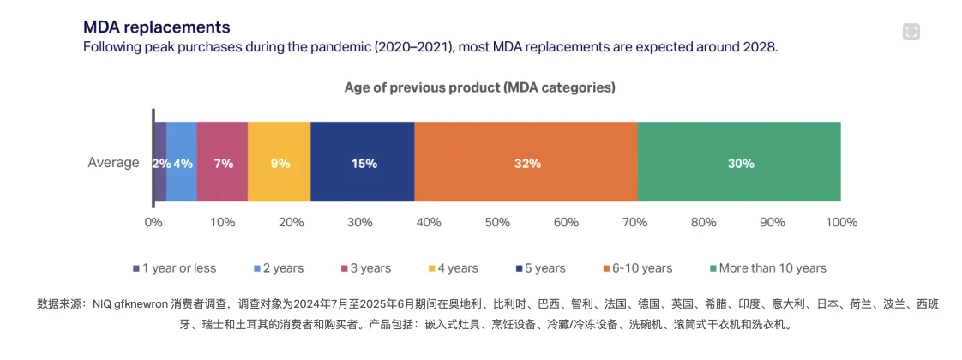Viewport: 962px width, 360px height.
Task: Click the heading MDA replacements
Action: [156, 27]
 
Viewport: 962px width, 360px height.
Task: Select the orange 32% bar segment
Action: [526, 163]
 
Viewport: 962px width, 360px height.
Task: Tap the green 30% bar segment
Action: [739, 163]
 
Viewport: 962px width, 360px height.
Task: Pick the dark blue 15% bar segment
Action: [363, 163]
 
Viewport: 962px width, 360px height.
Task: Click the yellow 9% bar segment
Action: [280, 163]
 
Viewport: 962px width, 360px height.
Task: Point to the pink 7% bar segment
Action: [223, 163]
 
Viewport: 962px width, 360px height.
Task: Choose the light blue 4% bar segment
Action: [182, 163]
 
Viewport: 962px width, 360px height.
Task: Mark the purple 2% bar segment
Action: [160, 163]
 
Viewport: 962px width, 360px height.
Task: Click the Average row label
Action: [113, 163]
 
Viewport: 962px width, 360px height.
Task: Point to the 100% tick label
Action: [840, 223]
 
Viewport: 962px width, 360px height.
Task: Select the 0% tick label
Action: [153, 223]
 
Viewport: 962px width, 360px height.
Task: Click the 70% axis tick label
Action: [634, 223]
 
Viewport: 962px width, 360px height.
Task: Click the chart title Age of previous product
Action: [480, 87]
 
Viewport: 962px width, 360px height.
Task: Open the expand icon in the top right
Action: [911, 32]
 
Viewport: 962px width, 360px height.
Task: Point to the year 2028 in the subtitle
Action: [760, 47]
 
